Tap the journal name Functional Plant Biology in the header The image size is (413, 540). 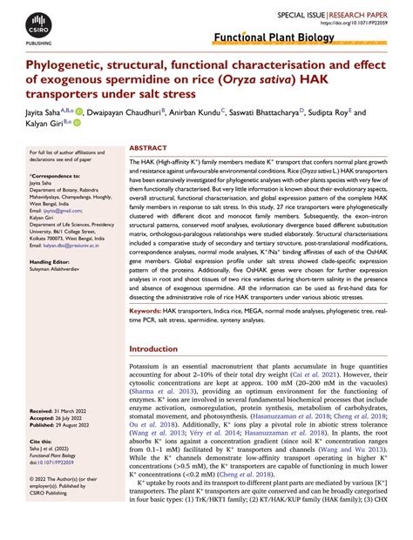click(273, 39)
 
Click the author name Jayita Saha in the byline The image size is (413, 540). click(48, 112)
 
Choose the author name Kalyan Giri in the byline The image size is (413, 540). click(45, 126)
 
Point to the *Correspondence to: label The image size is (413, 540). click(52, 176)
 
